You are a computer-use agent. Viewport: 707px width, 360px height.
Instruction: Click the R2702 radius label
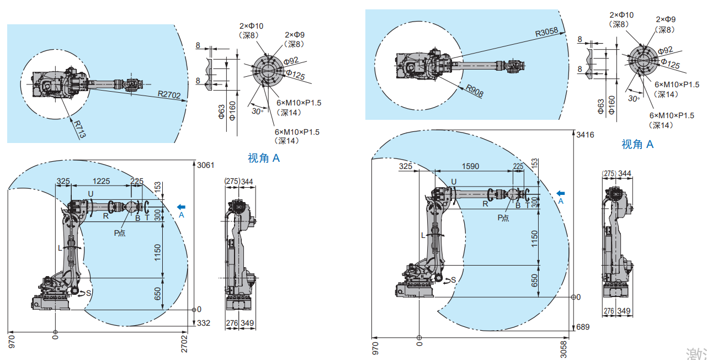[x=169, y=95]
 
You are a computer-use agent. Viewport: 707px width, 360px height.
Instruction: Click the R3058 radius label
[x=547, y=32]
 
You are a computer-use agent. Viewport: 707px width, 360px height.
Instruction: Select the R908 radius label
[x=474, y=91]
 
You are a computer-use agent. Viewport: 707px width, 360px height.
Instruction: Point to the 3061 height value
[x=205, y=165]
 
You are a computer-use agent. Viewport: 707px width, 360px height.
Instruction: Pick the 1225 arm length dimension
[x=100, y=181]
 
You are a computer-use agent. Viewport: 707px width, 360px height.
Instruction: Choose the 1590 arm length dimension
[x=470, y=166]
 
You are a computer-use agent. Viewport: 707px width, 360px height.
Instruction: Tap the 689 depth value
[x=582, y=327]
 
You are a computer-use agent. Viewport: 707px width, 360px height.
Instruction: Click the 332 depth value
[x=204, y=323]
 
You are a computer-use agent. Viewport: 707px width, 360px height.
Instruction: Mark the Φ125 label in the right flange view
[x=670, y=65]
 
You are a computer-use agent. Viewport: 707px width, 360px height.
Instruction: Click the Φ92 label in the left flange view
[x=291, y=60]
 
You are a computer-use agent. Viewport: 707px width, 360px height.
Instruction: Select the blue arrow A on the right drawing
[x=561, y=193]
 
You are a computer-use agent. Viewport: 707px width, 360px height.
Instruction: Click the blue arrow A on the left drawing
[x=181, y=207]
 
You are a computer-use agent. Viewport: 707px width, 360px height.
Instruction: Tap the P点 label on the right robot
[x=503, y=218]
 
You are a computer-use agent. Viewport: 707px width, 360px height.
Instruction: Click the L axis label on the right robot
[x=423, y=235]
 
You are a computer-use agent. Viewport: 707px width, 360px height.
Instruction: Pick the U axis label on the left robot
[x=92, y=193]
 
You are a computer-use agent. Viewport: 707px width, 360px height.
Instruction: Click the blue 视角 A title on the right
[x=637, y=144]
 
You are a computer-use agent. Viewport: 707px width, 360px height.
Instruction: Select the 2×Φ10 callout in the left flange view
[x=251, y=26]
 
